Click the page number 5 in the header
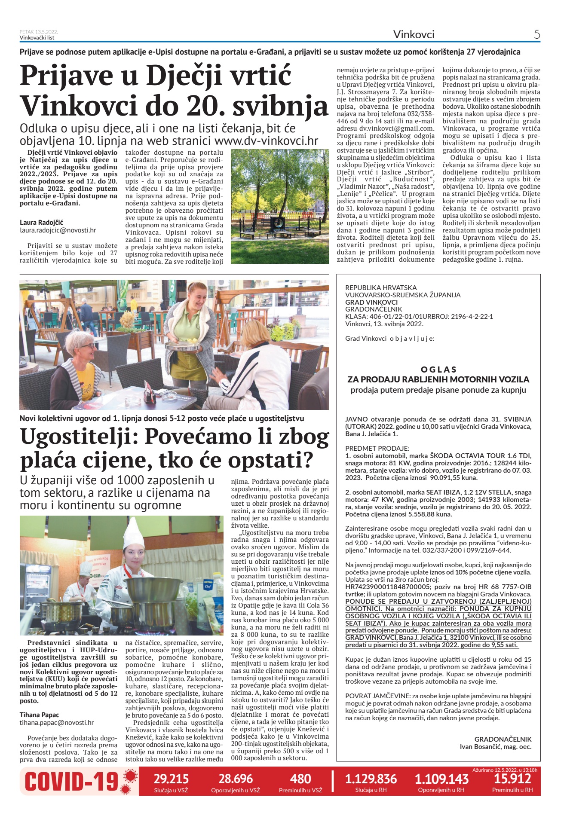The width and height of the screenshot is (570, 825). pos(537,34)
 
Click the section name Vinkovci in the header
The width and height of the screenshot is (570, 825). pos(414,34)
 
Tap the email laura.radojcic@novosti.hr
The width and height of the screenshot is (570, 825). pos(58,230)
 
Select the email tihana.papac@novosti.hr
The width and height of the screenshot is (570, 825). pos(56,723)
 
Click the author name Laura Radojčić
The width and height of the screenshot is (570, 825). pos(41,222)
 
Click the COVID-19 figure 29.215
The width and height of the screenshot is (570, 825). pos(171,779)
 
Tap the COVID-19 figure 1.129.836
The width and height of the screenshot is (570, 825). pos(371,779)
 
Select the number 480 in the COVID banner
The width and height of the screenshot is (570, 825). pos(300,779)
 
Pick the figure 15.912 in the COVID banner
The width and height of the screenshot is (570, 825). pos(512,778)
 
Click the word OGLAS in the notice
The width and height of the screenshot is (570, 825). pos(438,369)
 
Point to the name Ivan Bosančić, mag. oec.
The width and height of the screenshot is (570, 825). pos(496,746)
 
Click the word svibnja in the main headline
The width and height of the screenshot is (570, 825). pos(280,105)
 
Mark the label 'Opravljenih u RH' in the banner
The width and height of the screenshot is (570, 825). pos(441,790)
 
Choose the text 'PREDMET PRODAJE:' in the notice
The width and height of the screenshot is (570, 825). pos(377,448)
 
